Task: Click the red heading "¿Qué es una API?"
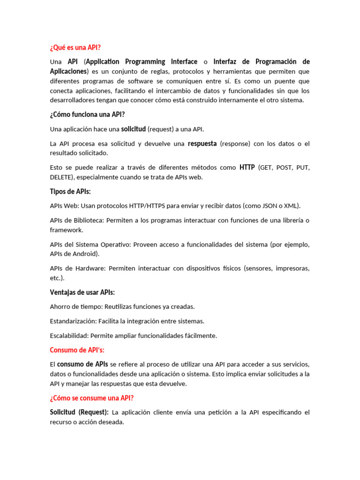point(75,47)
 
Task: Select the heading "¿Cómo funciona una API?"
point(88,115)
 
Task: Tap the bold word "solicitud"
point(133,129)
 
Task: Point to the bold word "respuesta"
point(202,143)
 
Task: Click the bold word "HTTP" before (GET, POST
point(247,167)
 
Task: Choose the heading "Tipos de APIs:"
point(70,192)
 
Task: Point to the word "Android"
point(84,254)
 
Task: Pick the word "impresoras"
point(292,268)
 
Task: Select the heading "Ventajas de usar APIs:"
point(82,292)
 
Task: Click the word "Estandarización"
point(73,321)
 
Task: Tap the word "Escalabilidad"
point(69,336)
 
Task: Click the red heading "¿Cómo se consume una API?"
point(92,398)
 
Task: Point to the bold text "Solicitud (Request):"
point(79,412)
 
